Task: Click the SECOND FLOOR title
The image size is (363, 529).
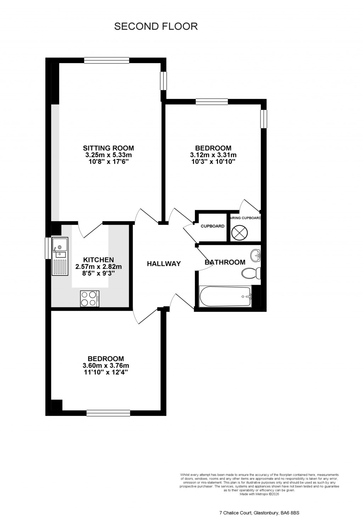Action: tap(156, 26)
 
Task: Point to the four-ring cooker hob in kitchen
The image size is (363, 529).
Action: tap(89, 298)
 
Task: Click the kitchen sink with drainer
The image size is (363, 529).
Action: tap(59, 256)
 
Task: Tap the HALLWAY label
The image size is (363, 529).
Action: tap(164, 264)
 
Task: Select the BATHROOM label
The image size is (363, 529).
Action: tap(225, 262)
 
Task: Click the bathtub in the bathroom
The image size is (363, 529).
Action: tap(225, 296)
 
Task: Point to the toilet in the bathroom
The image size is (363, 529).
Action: tap(251, 273)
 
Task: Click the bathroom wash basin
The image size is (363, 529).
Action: tap(255, 255)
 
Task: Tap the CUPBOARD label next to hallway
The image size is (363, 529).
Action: tap(212, 226)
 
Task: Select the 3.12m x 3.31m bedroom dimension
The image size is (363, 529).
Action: tap(213, 155)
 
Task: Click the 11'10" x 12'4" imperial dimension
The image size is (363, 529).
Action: tap(106, 373)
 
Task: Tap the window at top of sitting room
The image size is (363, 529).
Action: tap(106, 61)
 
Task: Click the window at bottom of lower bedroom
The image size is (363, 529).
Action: tap(108, 413)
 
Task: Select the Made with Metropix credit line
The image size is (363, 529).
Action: tap(259, 494)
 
